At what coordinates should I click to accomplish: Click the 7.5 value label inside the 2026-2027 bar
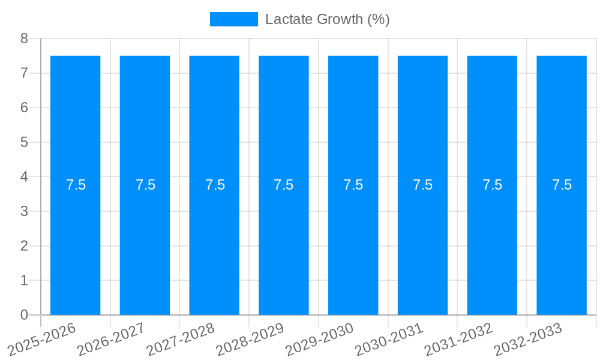click(145, 185)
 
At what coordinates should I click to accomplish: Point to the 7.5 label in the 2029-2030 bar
click(353, 185)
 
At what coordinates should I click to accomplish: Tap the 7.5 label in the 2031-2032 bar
click(493, 185)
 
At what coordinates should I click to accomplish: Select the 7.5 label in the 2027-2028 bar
click(215, 185)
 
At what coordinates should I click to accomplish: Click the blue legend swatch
click(233, 19)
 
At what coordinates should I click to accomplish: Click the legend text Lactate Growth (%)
click(327, 19)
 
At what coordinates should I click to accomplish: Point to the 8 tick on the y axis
click(24, 38)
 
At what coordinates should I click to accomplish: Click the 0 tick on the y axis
click(24, 315)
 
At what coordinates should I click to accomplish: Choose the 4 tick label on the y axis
click(24, 177)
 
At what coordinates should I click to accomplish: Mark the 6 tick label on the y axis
click(24, 108)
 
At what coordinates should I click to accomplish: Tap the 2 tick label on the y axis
click(24, 246)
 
